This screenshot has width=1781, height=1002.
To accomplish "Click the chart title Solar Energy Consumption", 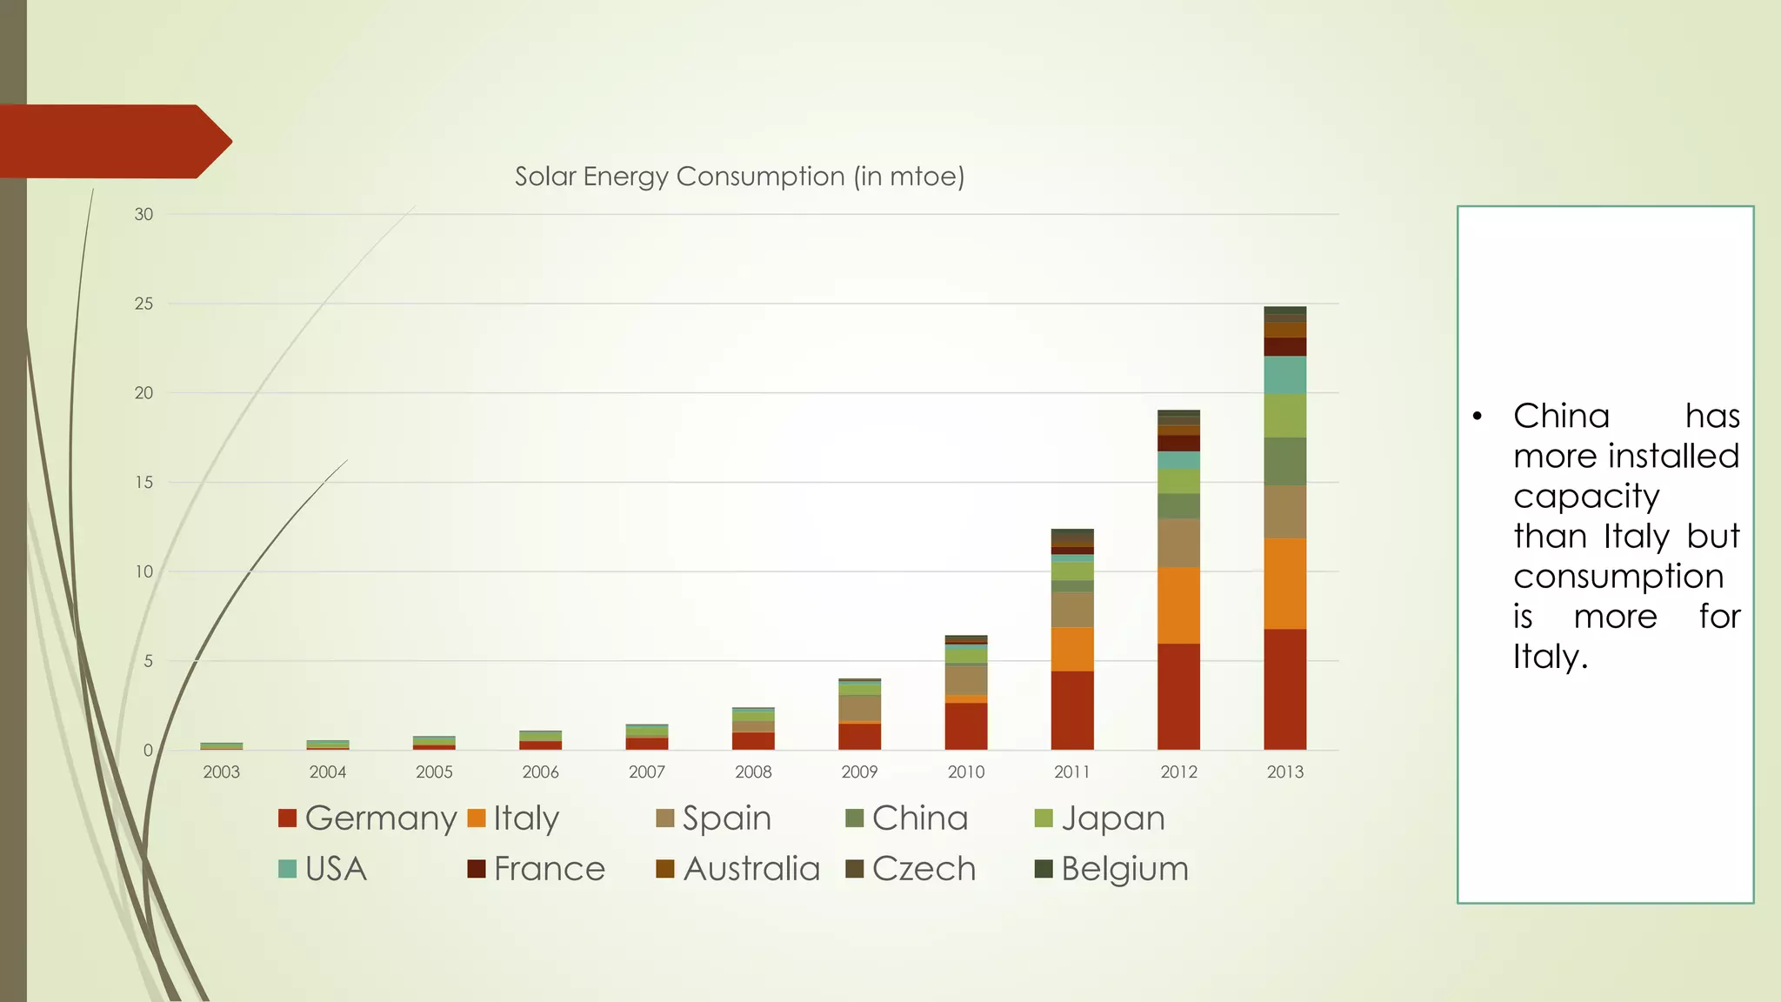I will pos(739,177).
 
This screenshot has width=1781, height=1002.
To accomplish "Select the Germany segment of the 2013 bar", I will pos(1284,689).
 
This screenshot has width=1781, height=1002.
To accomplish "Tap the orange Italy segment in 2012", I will pos(1178,605).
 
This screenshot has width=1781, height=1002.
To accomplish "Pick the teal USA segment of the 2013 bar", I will pos(1284,375).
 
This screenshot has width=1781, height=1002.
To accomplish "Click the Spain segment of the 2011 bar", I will pos(1072,610).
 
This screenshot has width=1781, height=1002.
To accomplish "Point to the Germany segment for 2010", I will pos(965,726).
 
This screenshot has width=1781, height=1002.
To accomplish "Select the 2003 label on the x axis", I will pos(221,772).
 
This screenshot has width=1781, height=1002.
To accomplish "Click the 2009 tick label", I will pos(859,772).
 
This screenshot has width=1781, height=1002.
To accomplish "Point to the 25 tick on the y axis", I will pos(143,304).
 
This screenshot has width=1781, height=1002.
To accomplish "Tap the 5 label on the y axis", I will pos(148,661).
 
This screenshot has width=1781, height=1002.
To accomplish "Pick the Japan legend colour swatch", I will pos(1044,818).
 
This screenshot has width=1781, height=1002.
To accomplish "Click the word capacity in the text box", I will pos(1586,497).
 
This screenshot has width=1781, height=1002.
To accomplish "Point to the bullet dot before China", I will pos(1477,417).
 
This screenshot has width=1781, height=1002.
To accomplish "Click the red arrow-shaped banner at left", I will pos(113,142).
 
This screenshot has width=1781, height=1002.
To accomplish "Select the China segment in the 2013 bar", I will pos(1284,461).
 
